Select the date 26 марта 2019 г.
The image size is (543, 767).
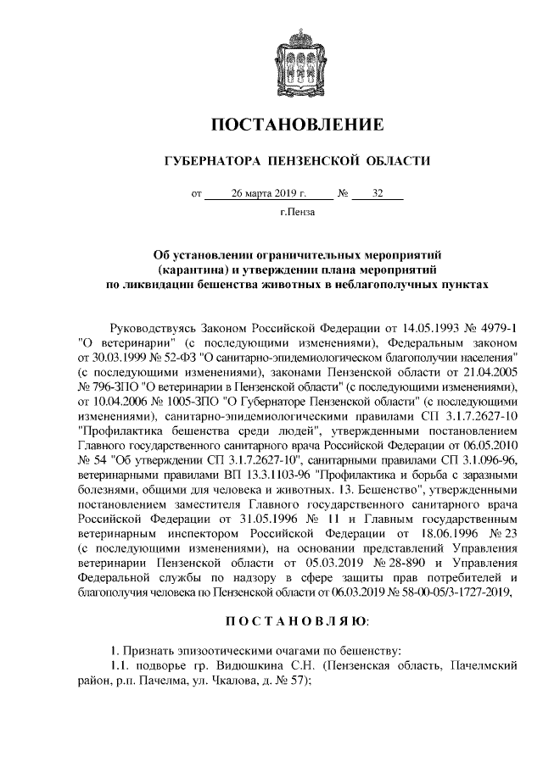point(269,193)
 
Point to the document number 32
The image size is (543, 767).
point(377,193)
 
